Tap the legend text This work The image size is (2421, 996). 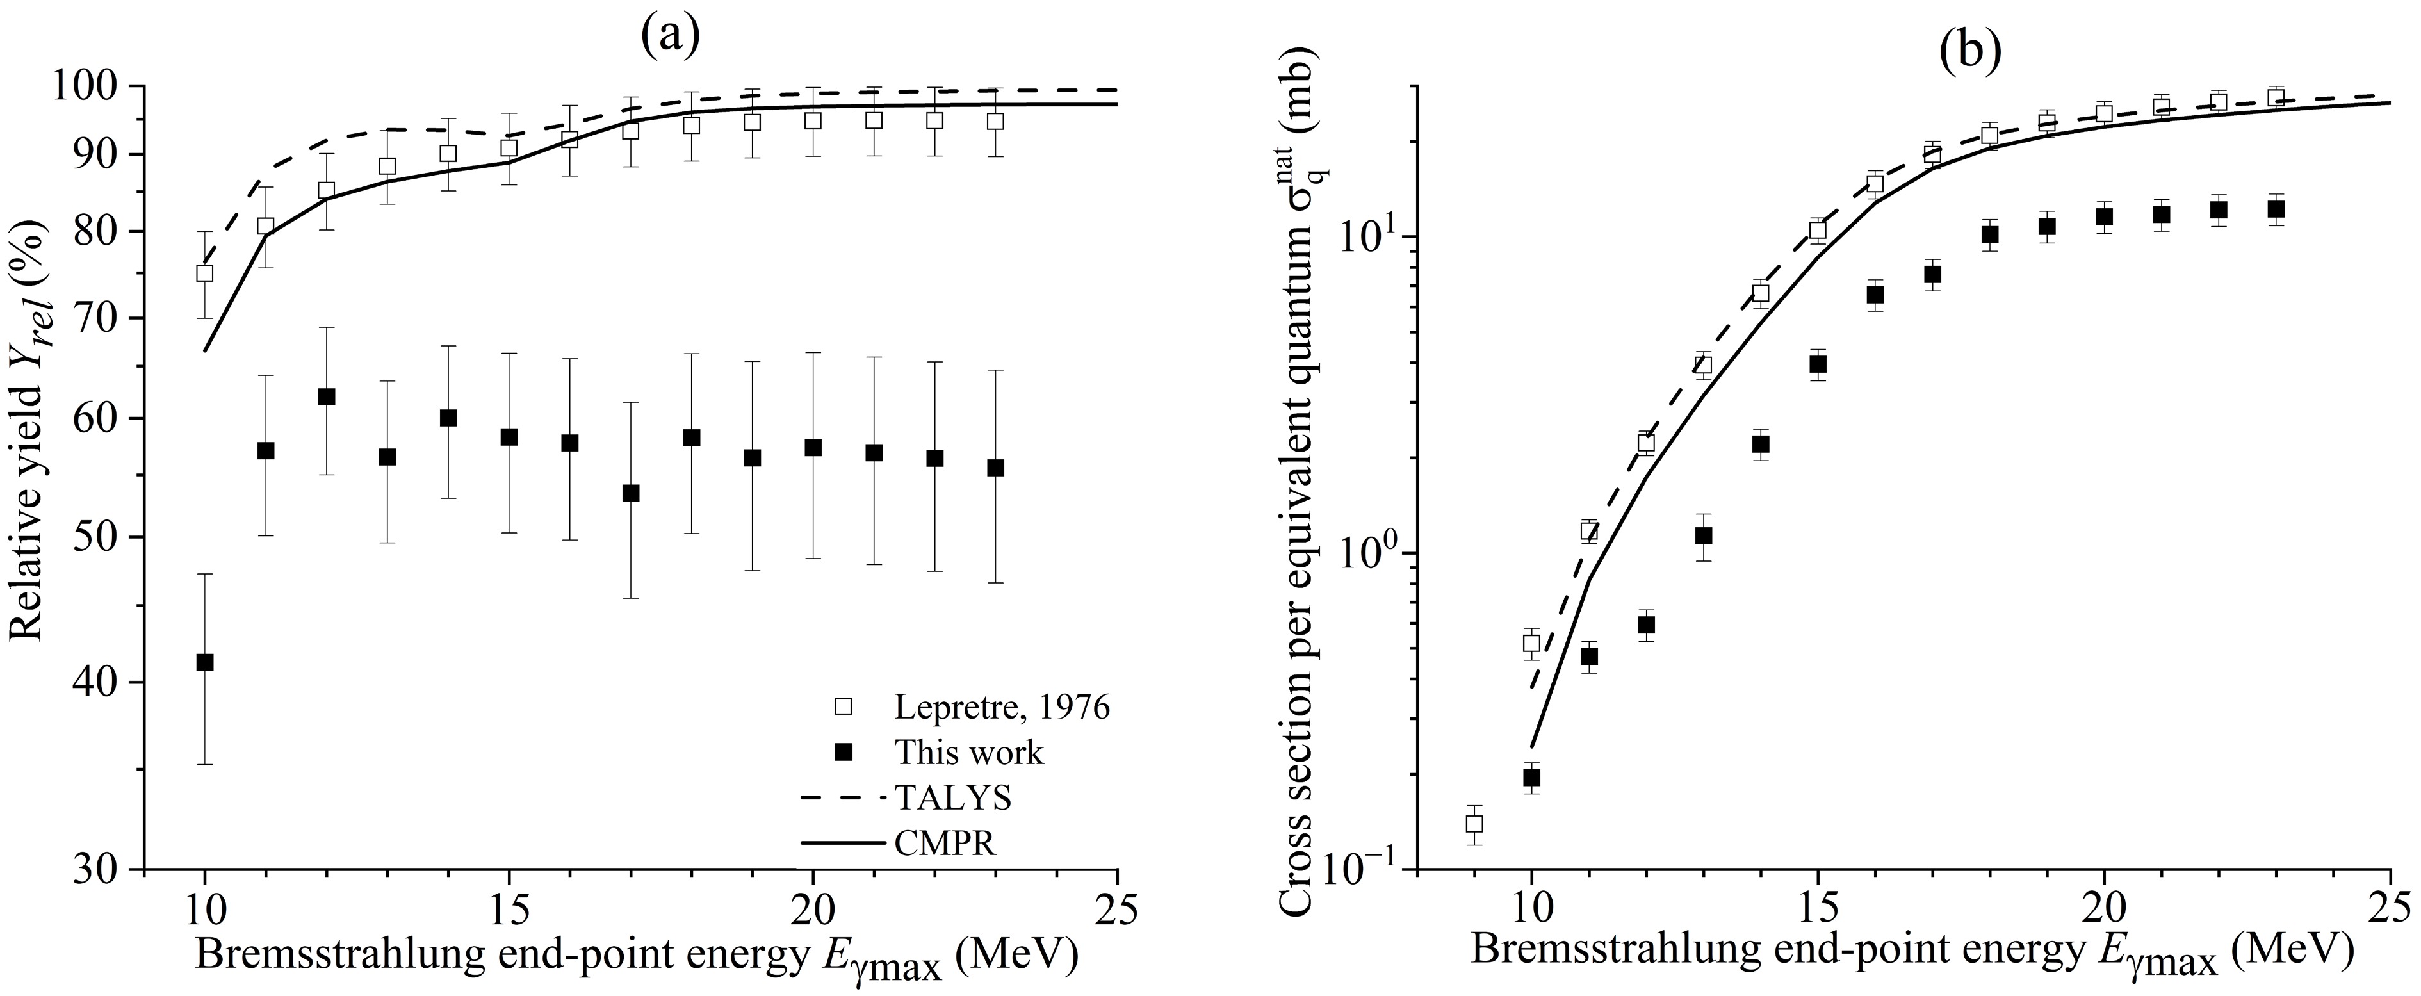pyautogui.click(x=969, y=752)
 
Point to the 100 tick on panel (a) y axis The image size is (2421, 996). pyautogui.click(x=97, y=86)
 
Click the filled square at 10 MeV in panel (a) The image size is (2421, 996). pyautogui.click(x=204, y=662)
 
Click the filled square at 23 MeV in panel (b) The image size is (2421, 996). pyautogui.click(x=2276, y=209)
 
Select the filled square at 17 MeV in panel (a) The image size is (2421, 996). pyautogui.click(x=631, y=493)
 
